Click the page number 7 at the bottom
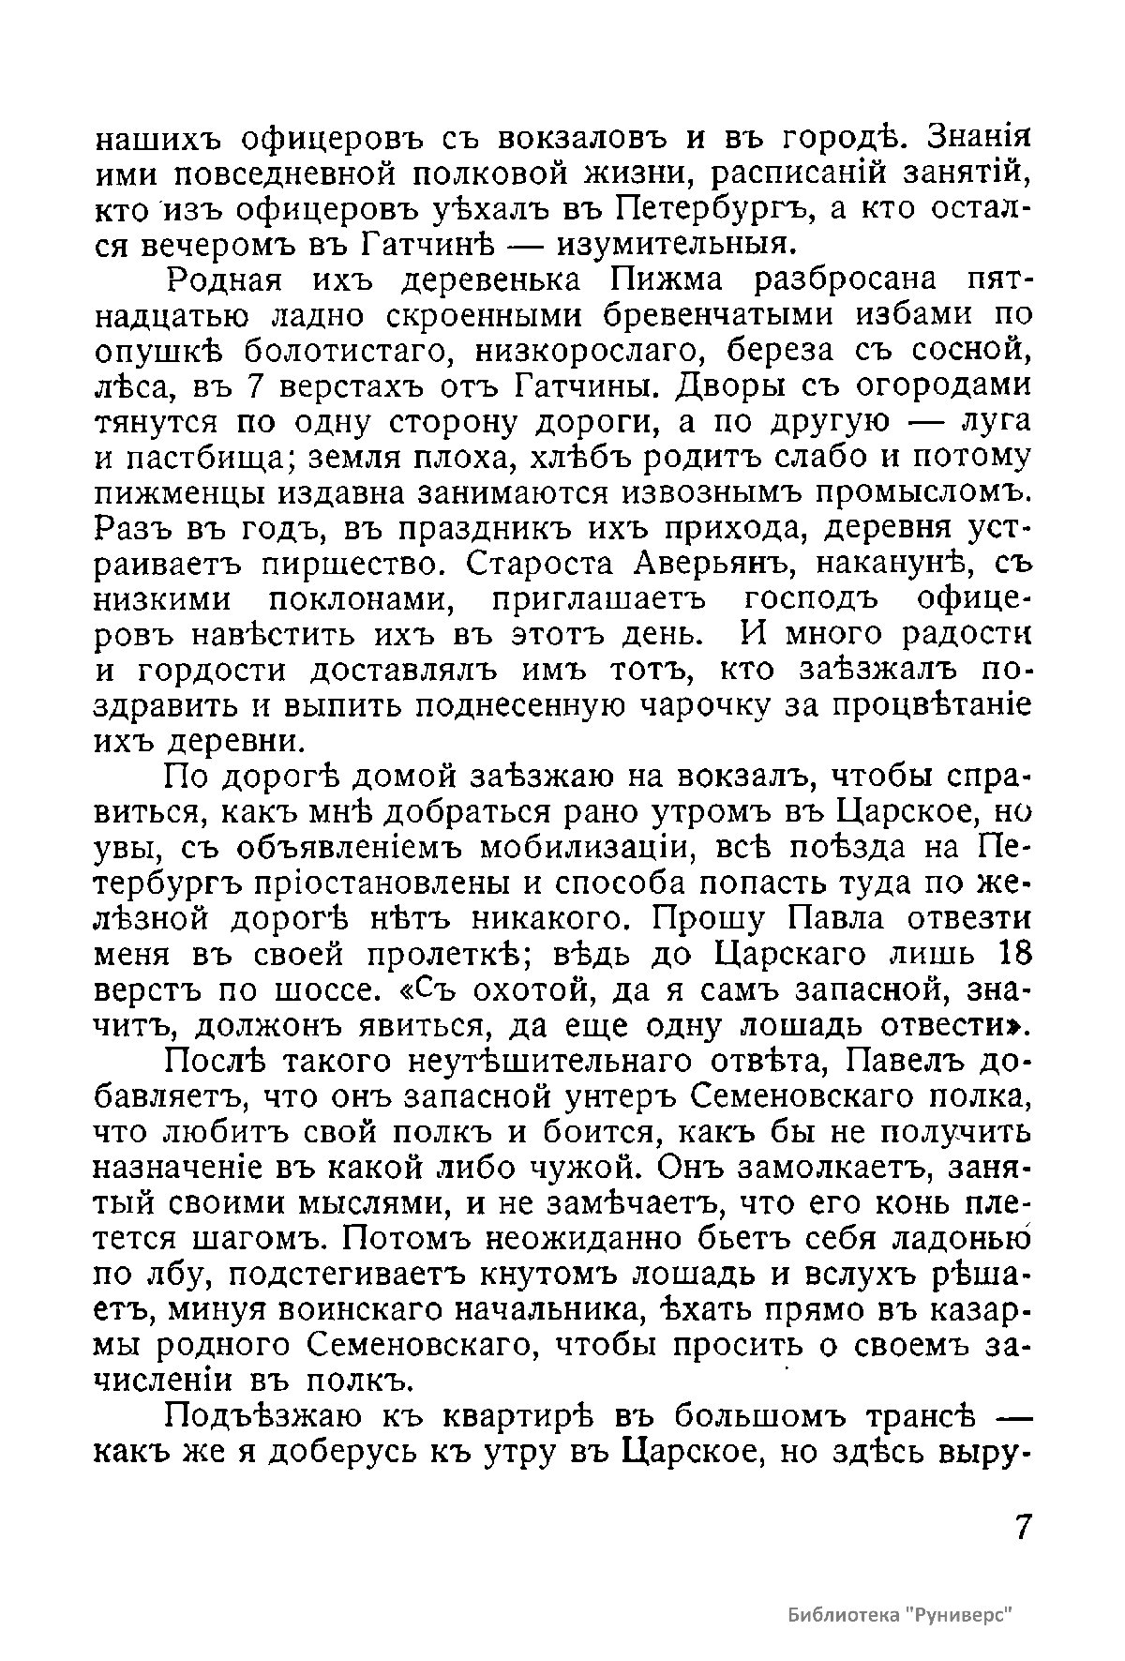pos(1022,1526)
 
